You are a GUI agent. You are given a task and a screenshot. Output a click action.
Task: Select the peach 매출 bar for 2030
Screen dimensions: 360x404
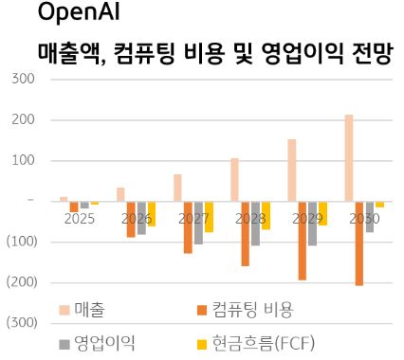coord(349,157)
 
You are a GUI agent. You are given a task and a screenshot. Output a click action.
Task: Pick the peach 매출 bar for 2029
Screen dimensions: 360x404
coord(292,170)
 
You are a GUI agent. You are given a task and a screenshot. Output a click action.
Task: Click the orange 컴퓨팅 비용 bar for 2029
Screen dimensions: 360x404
coord(303,240)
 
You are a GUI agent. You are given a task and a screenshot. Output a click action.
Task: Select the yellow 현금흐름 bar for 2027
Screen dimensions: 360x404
coord(210,216)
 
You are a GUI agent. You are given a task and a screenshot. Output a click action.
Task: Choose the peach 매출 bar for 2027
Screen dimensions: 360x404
coord(177,187)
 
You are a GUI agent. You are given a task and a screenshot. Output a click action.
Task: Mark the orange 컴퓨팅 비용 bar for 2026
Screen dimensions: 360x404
coord(131,219)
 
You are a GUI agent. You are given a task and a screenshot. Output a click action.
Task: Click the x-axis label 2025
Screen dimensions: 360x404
coord(80,218)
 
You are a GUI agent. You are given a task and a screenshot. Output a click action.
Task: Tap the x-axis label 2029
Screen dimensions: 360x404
coord(307,218)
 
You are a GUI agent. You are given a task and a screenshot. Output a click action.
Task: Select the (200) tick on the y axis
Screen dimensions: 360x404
coord(21,282)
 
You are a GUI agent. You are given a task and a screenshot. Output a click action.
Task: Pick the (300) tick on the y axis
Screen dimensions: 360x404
coord(21,323)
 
